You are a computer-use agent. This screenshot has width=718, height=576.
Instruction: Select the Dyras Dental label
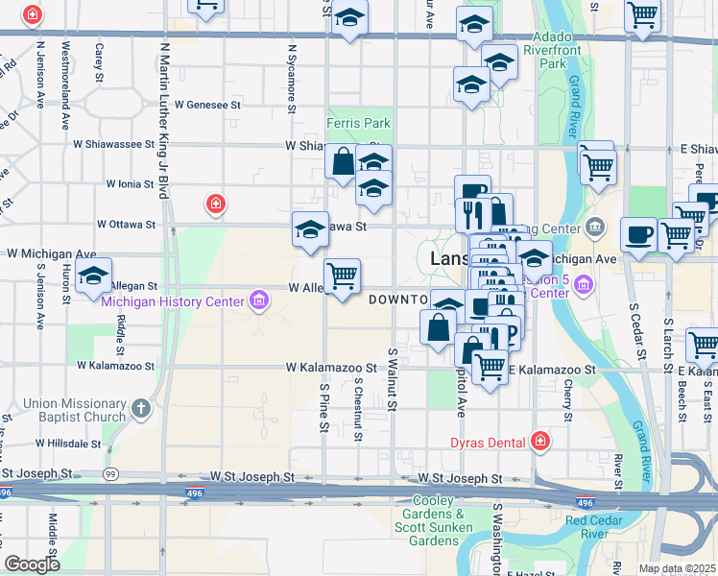[489, 443]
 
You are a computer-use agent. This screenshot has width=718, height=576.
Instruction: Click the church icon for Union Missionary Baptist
[141, 410]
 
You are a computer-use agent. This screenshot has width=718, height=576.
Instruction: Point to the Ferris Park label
[358, 124]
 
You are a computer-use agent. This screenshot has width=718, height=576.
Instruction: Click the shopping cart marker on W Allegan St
[343, 276]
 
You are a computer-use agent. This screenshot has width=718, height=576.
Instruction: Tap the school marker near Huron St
[93, 276]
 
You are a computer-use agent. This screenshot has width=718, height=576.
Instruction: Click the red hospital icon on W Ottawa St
[217, 204]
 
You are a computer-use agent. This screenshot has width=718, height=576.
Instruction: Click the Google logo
[32, 564]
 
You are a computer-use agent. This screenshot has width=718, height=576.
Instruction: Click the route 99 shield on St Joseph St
[110, 474]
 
